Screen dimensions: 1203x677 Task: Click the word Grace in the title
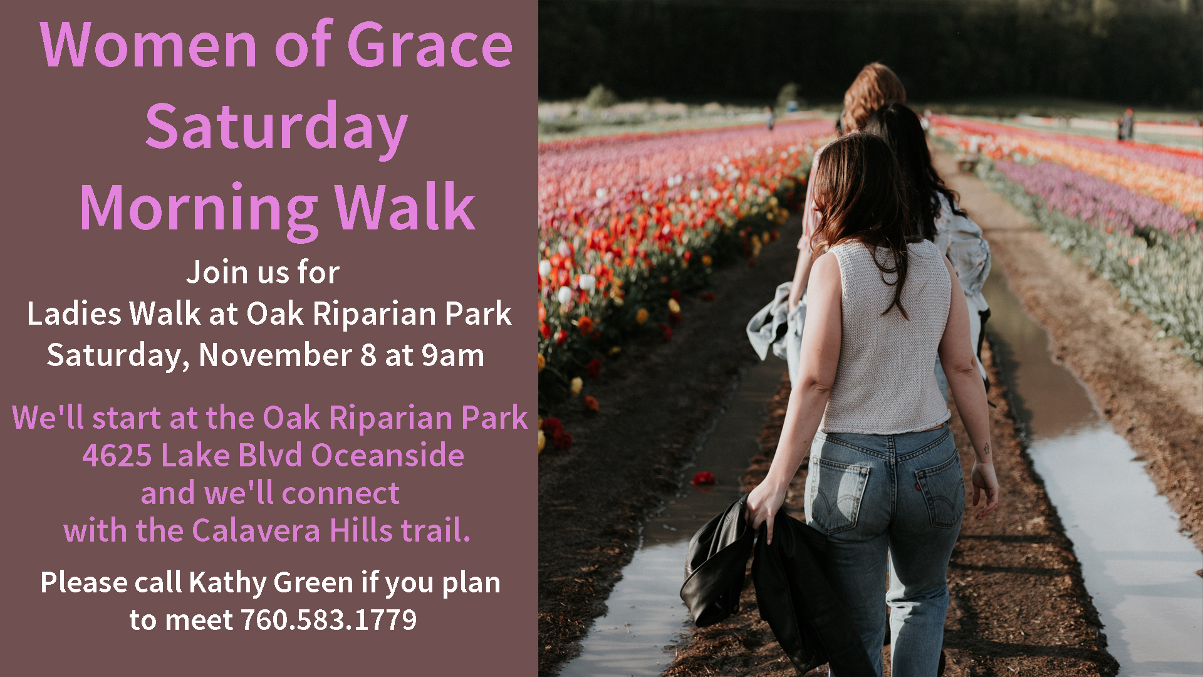pos(430,45)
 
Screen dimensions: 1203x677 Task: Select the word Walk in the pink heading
pos(405,207)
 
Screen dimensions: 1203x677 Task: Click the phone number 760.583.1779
pos(329,620)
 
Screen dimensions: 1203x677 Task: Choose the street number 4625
pos(117,456)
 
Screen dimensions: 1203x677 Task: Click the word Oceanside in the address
pos(388,455)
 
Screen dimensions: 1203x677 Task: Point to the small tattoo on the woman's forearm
pos(986,449)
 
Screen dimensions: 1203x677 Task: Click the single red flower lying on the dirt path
pos(704,478)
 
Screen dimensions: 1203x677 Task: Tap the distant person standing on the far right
pos(1127,125)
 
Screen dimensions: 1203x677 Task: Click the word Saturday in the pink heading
pos(276,127)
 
